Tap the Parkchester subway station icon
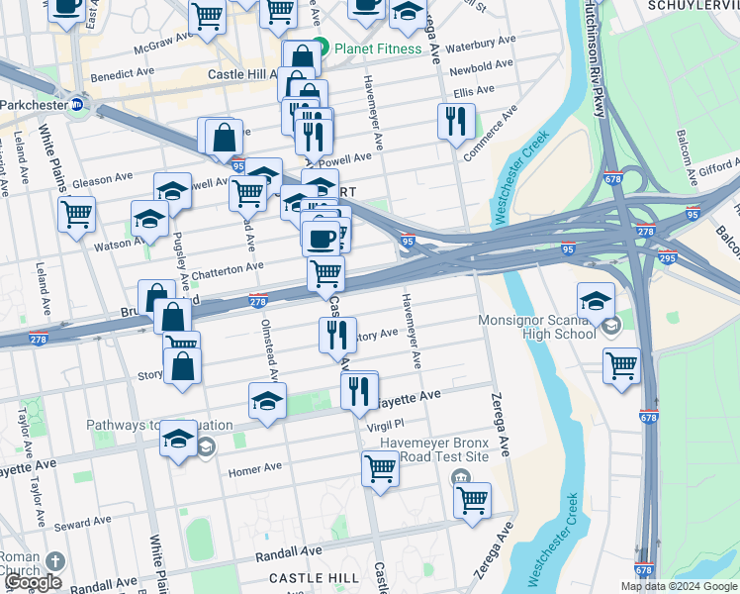[x=78, y=104]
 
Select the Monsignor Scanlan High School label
[x=537, y=327]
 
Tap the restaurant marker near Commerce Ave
[x=456, y=122]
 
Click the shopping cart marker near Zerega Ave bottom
[x=473, y=499]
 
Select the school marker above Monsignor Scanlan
[x=596, y=301]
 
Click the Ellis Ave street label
[x=474, y=91]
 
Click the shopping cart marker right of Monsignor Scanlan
[x=621, y=365]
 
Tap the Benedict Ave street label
[x=123, y=74]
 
